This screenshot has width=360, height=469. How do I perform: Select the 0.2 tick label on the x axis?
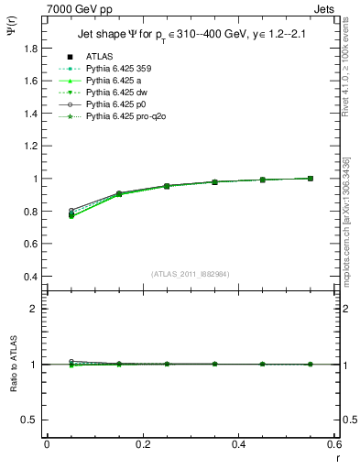[x=142, y=444]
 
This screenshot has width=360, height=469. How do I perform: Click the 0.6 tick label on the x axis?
[x=333, y=444]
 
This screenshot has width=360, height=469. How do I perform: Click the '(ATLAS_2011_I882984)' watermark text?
[x=189, y=273]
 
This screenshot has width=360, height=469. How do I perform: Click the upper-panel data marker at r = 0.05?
[x=71, y=214]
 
